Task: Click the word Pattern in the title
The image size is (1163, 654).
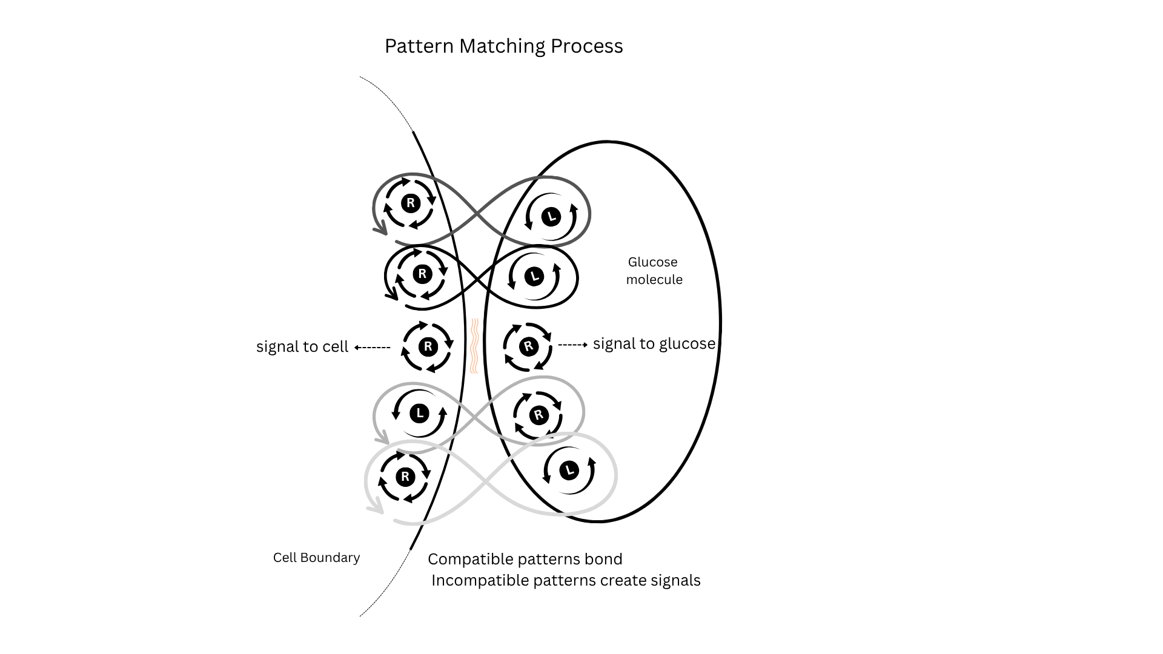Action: click(419, 47)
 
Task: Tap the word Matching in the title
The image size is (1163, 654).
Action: click(502, 47)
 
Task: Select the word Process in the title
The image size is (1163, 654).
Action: click(586, 47)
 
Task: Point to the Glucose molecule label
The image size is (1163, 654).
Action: click(654, 271)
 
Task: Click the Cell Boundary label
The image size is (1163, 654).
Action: click(316, 558)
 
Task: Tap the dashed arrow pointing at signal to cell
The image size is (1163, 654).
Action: click(372, 348)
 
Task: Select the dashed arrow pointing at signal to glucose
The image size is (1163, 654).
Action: click(572, 345)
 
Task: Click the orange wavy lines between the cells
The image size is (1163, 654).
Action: click(474, 346)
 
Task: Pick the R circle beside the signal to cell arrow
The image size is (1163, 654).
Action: click(428, 346)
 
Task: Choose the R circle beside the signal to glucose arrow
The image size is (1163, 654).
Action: click(528, 346)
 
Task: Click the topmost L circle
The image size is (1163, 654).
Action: click(551, 216)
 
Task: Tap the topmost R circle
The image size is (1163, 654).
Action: click(411, 203)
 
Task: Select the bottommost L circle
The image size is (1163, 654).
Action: click(568, 471)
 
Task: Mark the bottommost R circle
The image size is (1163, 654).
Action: click(405, 477)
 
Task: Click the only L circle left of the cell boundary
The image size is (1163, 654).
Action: click(419, 414)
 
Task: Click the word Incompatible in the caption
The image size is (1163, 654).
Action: click(480, 580)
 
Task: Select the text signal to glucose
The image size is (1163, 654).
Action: click(654, 344)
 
